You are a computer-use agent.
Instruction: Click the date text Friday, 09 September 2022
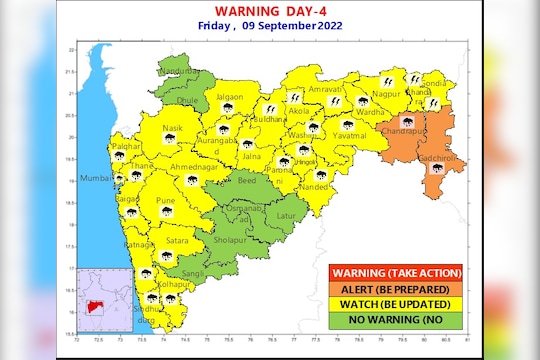coord(267,27)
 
